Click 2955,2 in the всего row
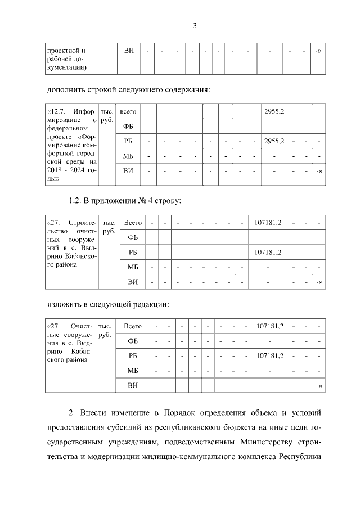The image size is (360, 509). pyautogui.click(x=274, y=111)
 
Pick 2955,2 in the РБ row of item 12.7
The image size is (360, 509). pyautogui.click(x=274, y=141)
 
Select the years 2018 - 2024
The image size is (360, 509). pyautogui.click(x=66, y=170)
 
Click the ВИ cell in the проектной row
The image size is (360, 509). pyautogui.click(x=129, y=51)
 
